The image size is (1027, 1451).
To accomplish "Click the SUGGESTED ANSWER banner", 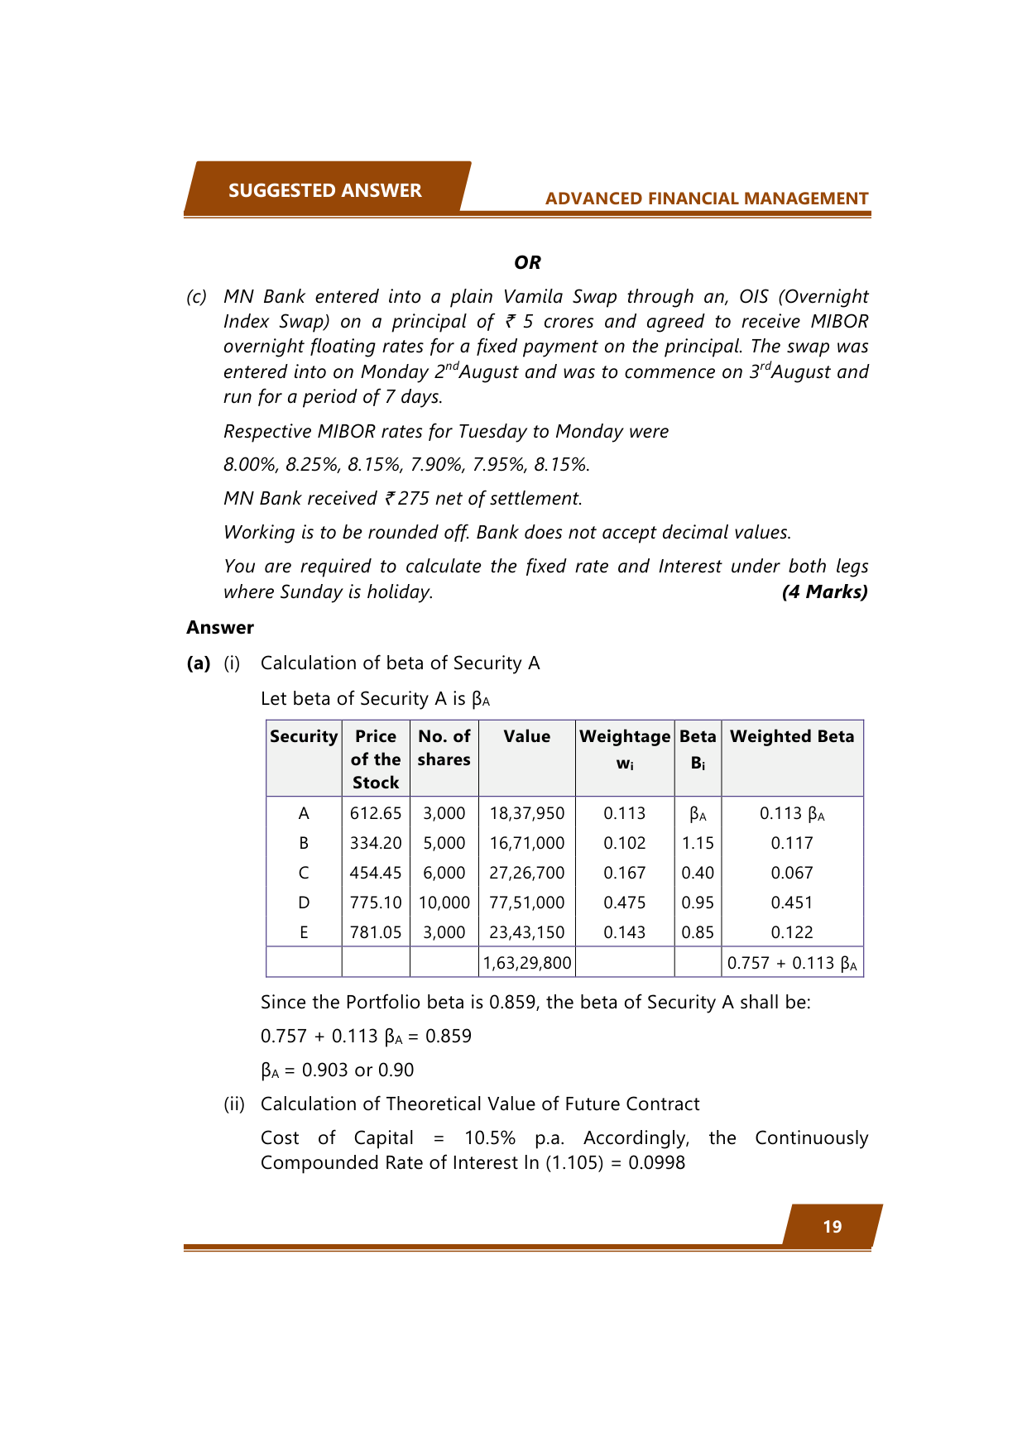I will (x=324, y=190).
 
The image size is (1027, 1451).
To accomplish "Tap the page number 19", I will (x=832, y=1227).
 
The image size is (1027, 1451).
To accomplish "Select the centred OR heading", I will (x=527, y=262).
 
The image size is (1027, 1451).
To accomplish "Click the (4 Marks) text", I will (x=824, y=591).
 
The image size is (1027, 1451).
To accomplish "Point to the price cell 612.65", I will (x=376, y=813).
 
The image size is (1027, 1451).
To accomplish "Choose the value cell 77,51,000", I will (x=526, y=903).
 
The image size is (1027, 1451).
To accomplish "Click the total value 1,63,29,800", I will (x=526, y=963).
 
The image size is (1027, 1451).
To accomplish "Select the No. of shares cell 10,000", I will (x=444, y=903).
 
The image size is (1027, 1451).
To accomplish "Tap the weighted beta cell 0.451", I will (x=792, y=903).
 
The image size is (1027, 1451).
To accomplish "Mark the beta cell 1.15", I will (x=698, y=843).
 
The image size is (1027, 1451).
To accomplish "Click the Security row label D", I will (x=304, y=903).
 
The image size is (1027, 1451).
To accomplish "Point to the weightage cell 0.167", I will (x=625, y=873).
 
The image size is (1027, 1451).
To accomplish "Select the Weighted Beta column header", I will (x=792, y=736).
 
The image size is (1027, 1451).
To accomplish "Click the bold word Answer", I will (x=220, y=627).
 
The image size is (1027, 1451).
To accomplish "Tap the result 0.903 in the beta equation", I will (x=325, y=1070).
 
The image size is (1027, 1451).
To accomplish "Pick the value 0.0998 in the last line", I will (x=656, y=1162).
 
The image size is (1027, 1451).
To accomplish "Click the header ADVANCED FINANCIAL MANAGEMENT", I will (x=706, y=199).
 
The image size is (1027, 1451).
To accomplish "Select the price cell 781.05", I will (x=376, y=932).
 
